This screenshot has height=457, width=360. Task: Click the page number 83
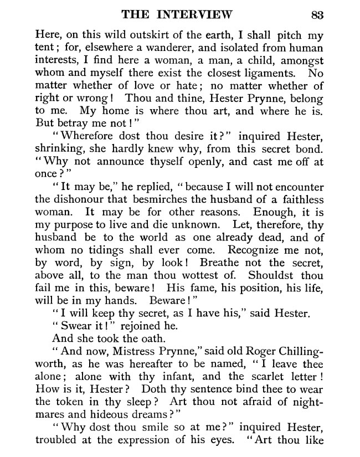[317, 14]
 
